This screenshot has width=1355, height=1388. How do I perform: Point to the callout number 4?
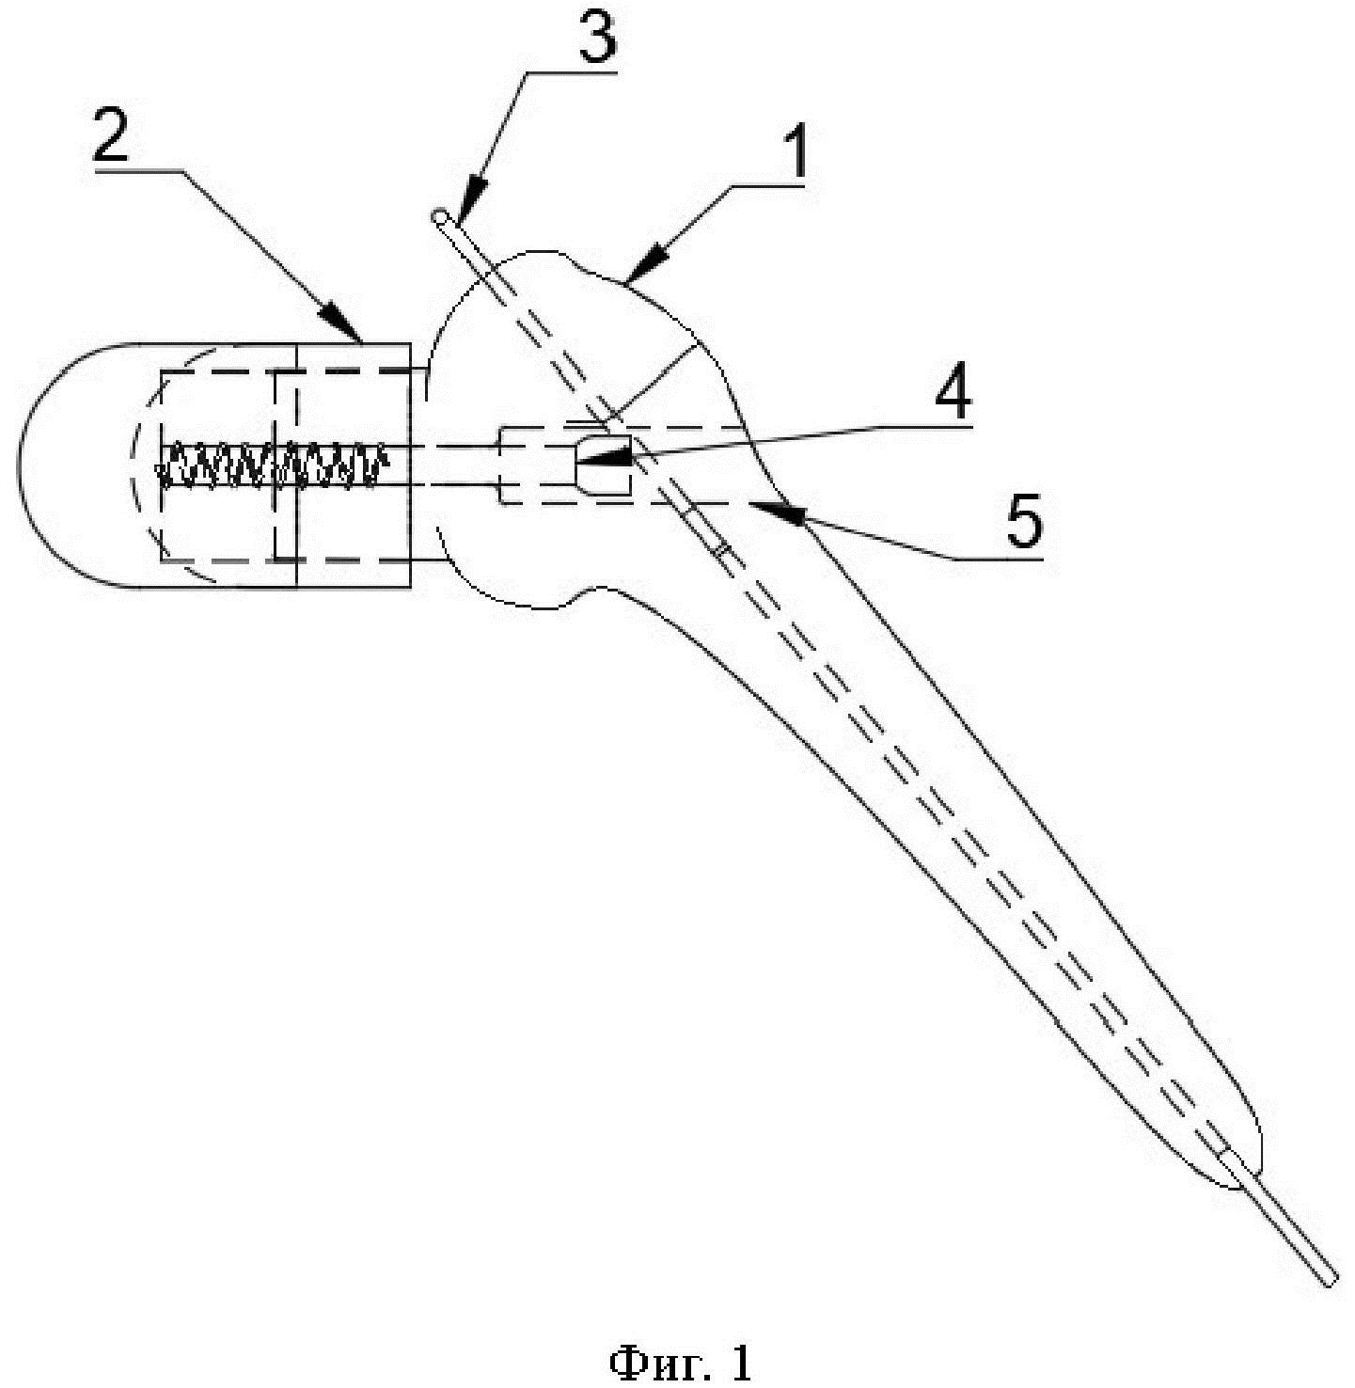[x=952, y=397]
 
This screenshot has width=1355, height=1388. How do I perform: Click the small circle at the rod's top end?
[x=441, y=217]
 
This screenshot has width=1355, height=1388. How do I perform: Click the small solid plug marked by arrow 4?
[x=602, y=465]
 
